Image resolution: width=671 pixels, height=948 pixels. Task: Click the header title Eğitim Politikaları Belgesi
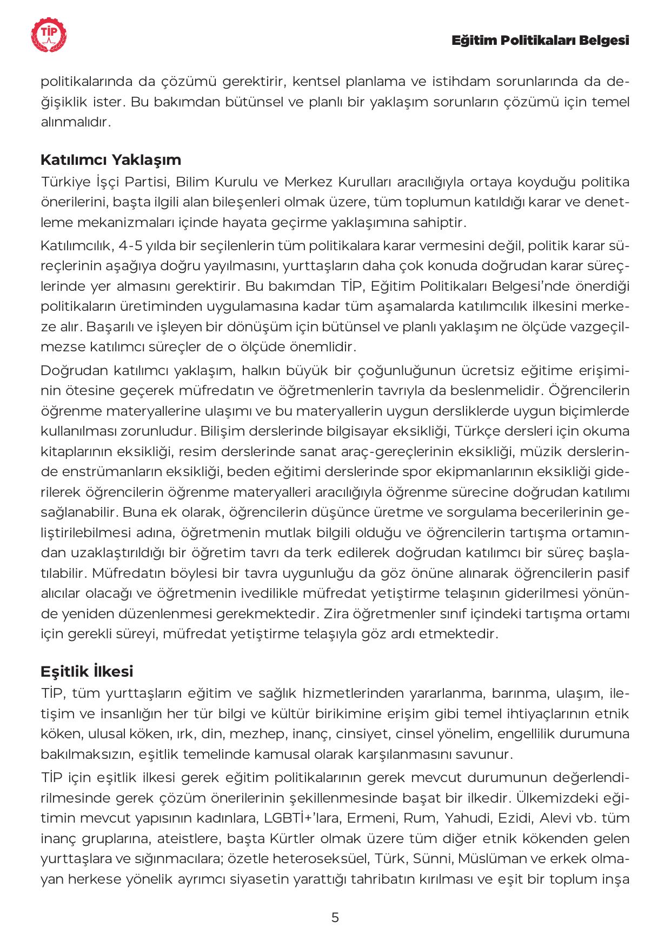click(541, 41)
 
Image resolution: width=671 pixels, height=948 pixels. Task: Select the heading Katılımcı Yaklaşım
click(111, 160)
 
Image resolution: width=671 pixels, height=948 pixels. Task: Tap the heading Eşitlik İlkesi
click(87, 671)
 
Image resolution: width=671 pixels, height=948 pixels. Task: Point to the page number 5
click(335, 917)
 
